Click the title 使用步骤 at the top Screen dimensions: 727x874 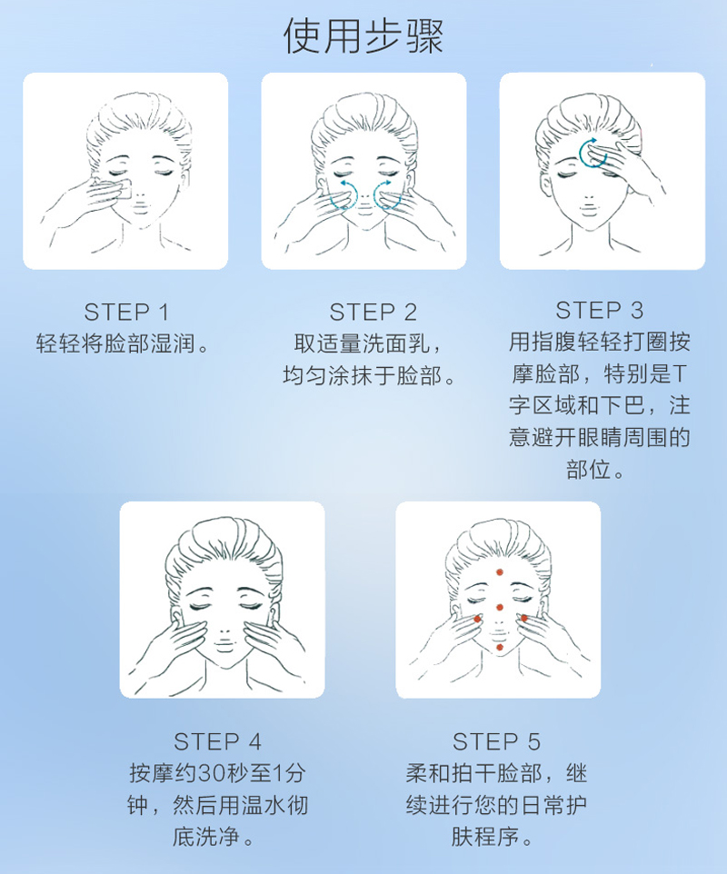click(363, 36)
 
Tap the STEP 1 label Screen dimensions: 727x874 click(126, 313)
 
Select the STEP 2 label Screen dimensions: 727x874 click(373, 313)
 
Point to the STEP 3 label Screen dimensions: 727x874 click(600, 310)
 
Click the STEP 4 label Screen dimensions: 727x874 click(217, 742)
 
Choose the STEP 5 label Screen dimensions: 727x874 click(496, 742)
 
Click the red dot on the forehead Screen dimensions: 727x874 click(500, 571)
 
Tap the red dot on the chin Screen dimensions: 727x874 click(500, 647)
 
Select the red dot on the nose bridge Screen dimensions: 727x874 click(500, 607)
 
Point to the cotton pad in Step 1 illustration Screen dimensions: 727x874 click(121, 188)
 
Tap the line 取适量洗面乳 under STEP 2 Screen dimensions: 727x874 click(363, 343)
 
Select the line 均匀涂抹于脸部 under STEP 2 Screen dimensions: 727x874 click(363, 375)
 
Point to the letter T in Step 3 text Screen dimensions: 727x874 click(679, 374)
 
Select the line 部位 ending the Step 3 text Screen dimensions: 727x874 click(588, 470)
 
